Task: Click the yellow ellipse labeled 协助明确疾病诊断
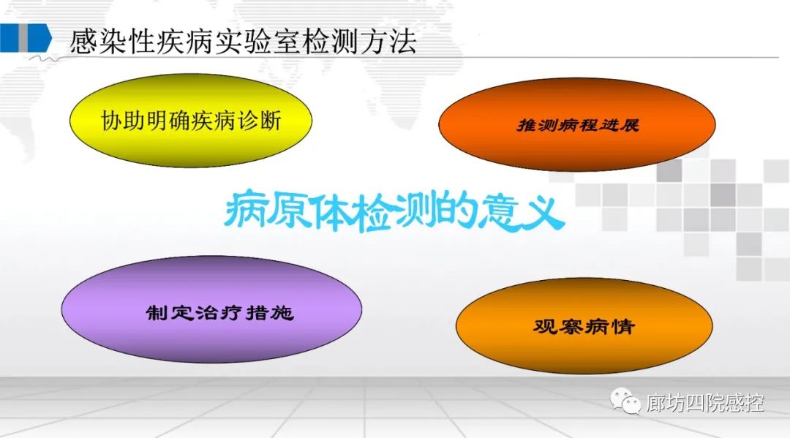[x=191, y=121]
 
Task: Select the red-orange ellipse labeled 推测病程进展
[x=577, y=124]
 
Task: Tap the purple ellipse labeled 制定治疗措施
[x=211, y=309]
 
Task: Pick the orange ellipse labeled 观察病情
[x=584, y=325]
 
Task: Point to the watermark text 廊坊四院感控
[x=705, y=403]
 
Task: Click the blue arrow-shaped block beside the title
[x=26, y=38]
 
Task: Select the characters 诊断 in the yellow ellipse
[x=259, y=121]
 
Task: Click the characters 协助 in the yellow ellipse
[x=122, y=121]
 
